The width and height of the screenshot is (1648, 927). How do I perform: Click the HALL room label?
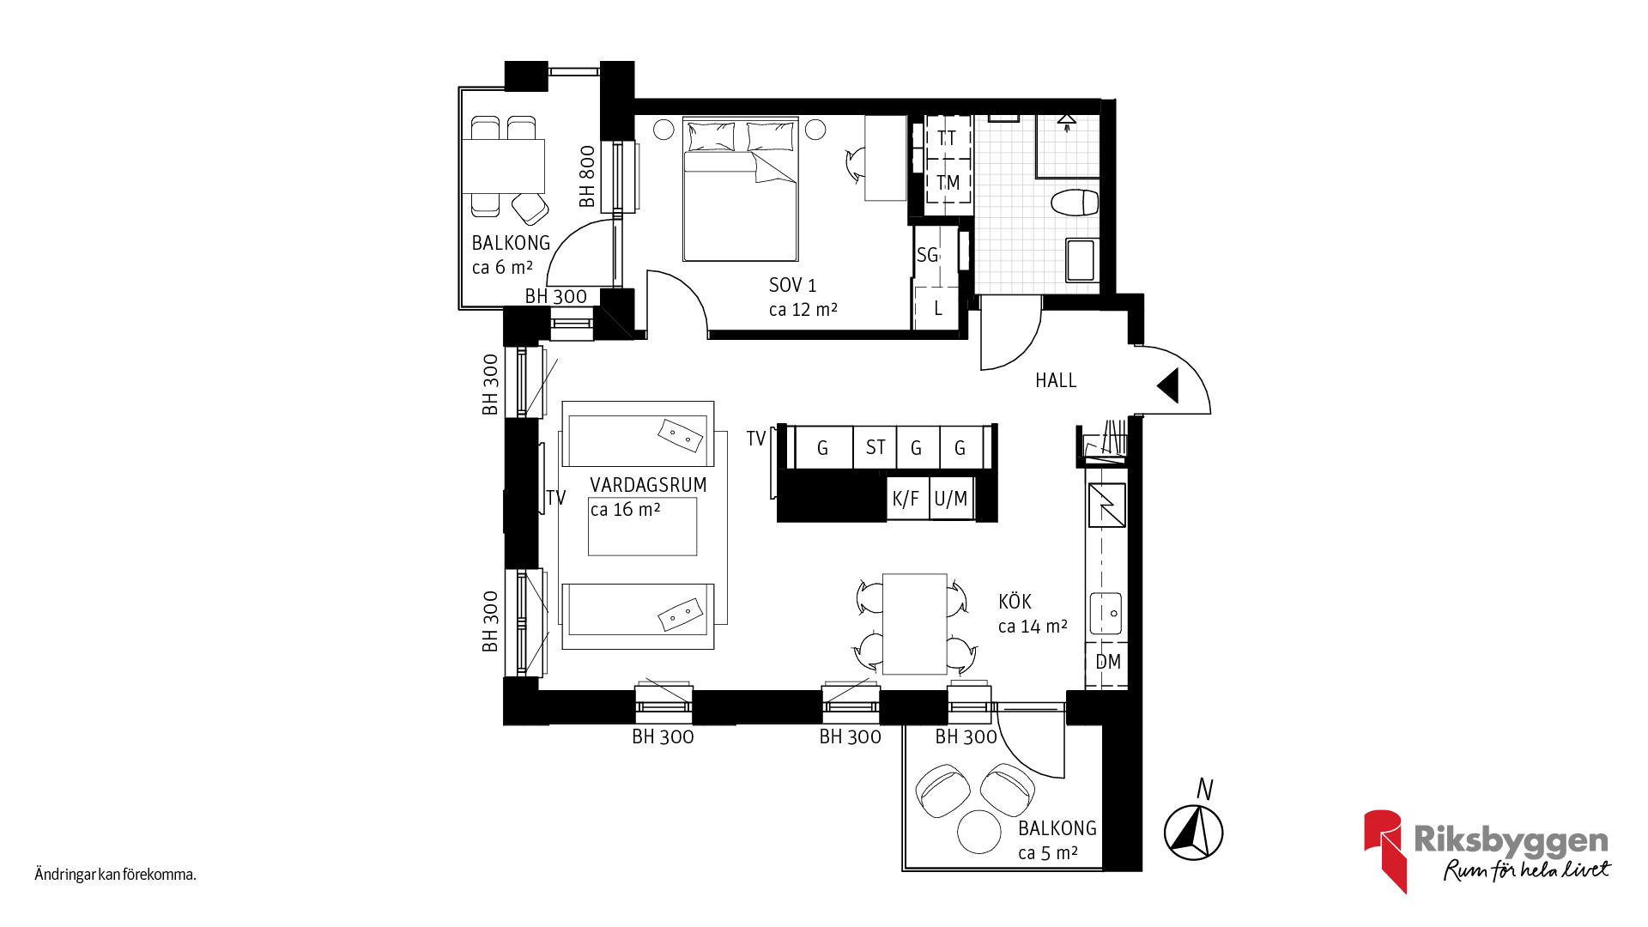tap(1055, 380)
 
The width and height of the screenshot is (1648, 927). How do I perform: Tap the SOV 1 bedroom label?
tap(792, 285)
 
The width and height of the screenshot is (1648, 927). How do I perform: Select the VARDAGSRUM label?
tap(648, 485)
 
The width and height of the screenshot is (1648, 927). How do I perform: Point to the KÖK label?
tap(1015, 602)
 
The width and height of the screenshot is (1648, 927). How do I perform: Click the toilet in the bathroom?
tap(1075, 203)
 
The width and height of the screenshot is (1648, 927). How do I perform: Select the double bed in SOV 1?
tap(740, 191)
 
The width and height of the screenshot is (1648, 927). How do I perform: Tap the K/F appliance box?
tap(906, 499)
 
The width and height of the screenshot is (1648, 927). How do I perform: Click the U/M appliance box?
tap(951, 499)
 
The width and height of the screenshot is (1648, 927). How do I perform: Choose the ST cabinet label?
tap(875, 447)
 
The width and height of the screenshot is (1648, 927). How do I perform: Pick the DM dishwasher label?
tap(1107, 662)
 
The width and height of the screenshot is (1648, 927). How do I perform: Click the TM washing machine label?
tap(948, 183)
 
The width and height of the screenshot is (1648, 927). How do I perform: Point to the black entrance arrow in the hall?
tap(1168, 385)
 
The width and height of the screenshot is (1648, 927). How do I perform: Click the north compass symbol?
tap(1193, 832)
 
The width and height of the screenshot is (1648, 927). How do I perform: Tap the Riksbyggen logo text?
tap(1511, 840)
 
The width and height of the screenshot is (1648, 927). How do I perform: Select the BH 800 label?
tap(587, 176)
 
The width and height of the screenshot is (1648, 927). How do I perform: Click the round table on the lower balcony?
tap(979, 832)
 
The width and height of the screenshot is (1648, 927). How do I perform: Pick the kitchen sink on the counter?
tap(1106, 613)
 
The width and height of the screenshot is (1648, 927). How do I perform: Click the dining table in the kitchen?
tap(914, 623)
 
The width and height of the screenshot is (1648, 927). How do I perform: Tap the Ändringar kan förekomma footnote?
tap(116, 875)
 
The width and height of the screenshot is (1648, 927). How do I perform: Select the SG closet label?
tap(927, 255)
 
